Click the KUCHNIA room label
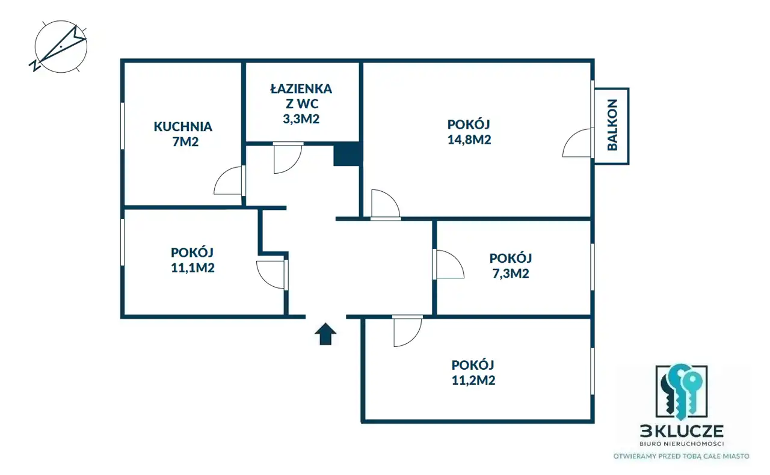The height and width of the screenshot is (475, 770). point(183,126)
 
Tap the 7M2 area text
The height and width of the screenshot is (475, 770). point(185,142)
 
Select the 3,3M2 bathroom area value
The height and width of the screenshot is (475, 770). point(301,119)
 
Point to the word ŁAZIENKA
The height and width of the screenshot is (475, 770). point(301,88)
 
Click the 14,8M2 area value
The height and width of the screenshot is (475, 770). point(469,139)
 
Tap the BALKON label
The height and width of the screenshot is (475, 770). point(612,125)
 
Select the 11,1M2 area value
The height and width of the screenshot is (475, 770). point(192,268)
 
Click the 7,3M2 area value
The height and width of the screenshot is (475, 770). point(511,273)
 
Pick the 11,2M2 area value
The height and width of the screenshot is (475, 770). point(473,380)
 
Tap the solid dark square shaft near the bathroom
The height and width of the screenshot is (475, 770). point(346,155)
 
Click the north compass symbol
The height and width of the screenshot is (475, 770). point(61,47)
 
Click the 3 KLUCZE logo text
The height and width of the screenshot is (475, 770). point(682,431)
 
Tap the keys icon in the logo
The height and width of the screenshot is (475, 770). point(682,392)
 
